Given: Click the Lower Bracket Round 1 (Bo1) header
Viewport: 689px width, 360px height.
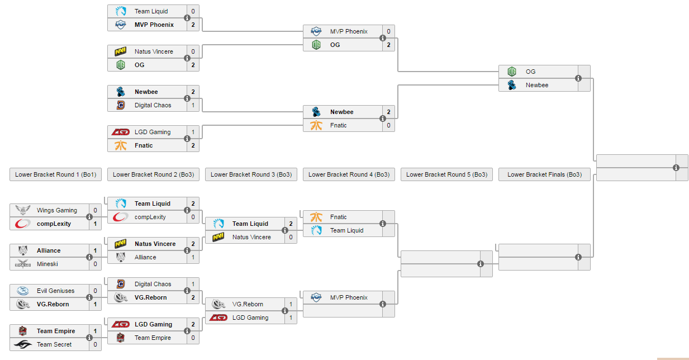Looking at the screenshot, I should (55, 174).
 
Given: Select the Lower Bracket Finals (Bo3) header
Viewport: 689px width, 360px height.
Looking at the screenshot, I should (544, 174).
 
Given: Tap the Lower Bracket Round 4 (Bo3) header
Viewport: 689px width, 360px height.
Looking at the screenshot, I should (349, 174).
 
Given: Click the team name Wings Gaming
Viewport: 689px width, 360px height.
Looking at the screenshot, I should (57, 210).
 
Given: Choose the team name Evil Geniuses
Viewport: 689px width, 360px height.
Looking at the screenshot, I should (55, 291).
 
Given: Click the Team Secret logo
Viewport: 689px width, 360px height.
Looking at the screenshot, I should (23, 344).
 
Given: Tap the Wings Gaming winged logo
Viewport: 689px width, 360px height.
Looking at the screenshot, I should (23, 210).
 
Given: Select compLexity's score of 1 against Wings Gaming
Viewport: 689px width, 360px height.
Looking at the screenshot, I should (95, 224).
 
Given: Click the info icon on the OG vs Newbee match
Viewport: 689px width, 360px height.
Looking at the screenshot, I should (578, 78).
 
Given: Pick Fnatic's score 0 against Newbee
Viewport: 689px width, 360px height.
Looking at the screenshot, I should (388, 125).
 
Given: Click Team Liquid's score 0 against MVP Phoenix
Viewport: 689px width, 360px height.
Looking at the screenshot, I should (193, 11).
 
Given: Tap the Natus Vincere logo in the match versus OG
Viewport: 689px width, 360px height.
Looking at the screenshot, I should (121, 51).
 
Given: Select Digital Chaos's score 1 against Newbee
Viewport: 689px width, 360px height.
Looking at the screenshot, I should (193, 105).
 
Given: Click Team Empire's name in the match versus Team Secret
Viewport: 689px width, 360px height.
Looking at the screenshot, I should (56, 331).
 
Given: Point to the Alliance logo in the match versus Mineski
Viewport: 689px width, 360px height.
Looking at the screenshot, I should (23, 250).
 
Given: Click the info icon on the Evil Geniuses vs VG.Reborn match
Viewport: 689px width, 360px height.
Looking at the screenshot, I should (89, 297).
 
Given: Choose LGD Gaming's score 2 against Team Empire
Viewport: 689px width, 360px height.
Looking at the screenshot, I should (193, 324).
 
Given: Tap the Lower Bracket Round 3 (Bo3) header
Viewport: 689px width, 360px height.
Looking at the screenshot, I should (251, 174).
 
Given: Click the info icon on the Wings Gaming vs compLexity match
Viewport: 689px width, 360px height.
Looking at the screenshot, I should (89, 217).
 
